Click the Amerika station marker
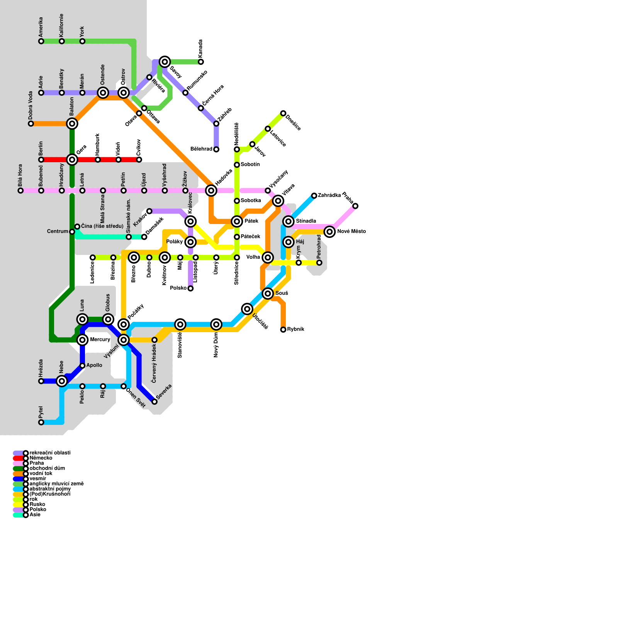tap(41, 41)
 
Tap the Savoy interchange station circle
tap(165, 62)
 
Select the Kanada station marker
tap(201, 62)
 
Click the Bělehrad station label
tap(201, 149)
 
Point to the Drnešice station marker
tap(283, 113)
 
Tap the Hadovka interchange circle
tap(211, 190)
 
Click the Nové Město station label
tap(351, 232)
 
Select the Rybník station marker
tap(283, 329)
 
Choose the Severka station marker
tap(154, 402)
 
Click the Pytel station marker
tap(41, 422)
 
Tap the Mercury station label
tap(100, 340)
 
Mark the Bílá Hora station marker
tap(20, 190)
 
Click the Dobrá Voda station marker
tap(31, 124)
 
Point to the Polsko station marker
tap(190, 289)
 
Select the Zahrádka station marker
tap(314, 196)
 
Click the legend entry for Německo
tap(41, 458)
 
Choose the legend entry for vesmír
tap(38, 479)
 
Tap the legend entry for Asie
tap(35, 515)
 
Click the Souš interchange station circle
tap(268, 294)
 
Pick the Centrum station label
tap(58, 232)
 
